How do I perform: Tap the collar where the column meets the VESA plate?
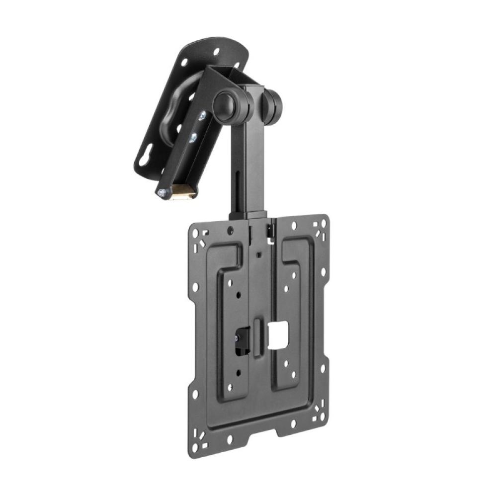click(x=247, y=215)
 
